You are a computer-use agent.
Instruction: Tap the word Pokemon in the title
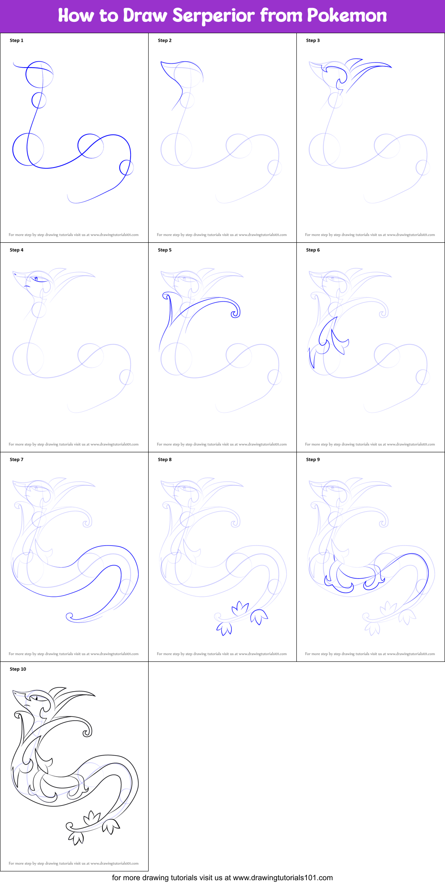[x=347, y=16]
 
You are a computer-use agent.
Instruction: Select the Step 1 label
[x=16, y=40]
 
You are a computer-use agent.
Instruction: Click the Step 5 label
[x=165, y=250]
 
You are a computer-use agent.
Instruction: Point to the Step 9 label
[x=313, y=459]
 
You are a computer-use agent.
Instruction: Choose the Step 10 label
[x=18, y=669]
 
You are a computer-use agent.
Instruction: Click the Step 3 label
[x=313, y=40]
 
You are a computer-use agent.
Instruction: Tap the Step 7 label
[x=16, y=459]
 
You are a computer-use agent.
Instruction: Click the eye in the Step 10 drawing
[x=37, y=698]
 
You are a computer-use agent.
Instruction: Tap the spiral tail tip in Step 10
[x=70, y=826]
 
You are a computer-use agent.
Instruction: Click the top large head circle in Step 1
[x=39, y=74]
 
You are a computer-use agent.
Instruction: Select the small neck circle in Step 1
[x=39, y=100]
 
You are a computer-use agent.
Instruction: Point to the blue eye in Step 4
[x=37, y=278]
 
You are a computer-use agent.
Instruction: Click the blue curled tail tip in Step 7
[x=70, y=616]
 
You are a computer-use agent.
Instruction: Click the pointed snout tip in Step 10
[x=13, y=690]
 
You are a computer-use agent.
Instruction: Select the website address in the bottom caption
[x=283, y=878]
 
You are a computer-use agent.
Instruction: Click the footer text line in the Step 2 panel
[x=222, y=235]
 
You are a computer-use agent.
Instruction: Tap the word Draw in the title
[x=145, y=16]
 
